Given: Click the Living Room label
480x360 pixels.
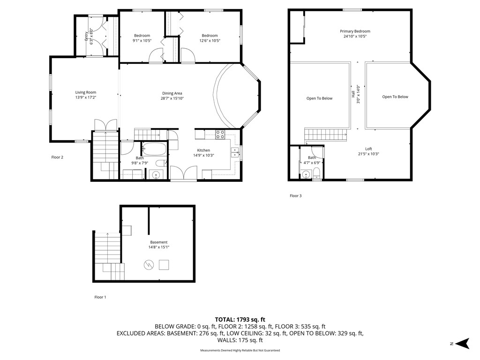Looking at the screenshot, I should (x=86, y=92).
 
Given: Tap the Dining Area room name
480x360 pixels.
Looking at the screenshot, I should (x=172, y=93).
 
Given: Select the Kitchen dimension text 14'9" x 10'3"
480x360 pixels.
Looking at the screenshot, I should (x=203, y=156).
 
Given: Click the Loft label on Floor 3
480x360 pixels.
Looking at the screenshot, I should (x=368, y=149).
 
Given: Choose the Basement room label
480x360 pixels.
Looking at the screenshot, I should (x=158, y=242).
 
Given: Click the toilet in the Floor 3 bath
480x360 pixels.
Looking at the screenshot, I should (x=317, y=174).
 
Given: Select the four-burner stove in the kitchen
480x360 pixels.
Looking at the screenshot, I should (x=220, y=135).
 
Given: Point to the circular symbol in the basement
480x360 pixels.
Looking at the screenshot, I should (x=149, y=265).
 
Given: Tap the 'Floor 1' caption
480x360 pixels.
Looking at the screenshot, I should (x=100, y=297).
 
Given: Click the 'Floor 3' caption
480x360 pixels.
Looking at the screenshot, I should (x=295, y=195).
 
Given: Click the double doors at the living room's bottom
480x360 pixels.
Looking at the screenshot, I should (x=105, y=125).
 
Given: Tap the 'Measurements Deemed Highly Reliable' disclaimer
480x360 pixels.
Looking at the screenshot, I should (x=240, y=351).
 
